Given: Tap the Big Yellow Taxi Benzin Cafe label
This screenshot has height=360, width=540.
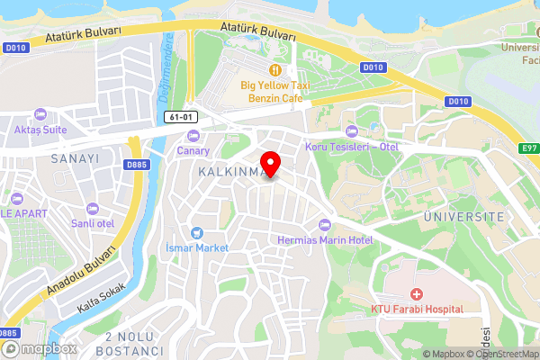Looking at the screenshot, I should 274,91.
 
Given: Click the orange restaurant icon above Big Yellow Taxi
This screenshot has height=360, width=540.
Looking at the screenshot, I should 274,69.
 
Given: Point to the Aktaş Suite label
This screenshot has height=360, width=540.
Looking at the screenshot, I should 40,129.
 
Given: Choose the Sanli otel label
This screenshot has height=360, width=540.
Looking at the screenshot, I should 93,222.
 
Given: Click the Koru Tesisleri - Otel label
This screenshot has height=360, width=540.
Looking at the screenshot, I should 351,147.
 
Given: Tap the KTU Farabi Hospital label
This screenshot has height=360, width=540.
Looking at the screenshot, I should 417,309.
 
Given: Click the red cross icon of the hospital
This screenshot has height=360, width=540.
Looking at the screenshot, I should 417,294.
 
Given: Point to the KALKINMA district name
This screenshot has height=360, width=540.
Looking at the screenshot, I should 229,170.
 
